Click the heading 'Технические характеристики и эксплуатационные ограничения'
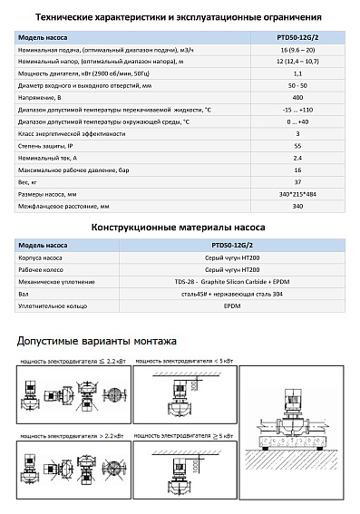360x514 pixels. coord(180,17)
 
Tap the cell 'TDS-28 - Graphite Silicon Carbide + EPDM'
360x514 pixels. coord(252,281)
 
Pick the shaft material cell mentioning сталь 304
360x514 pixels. coord(252,294)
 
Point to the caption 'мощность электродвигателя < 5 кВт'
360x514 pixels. coord(181,361)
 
